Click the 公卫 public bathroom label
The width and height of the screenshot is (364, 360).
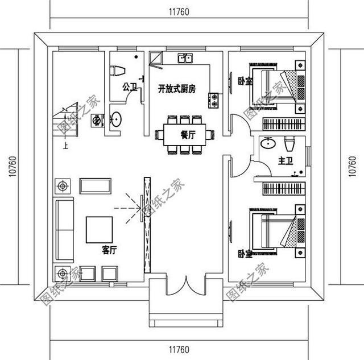coord(129,87)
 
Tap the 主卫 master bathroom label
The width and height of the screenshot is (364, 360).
coord(285,162)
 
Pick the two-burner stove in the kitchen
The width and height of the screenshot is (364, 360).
coord(215,100)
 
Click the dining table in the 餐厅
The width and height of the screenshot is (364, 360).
coord(185,135)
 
